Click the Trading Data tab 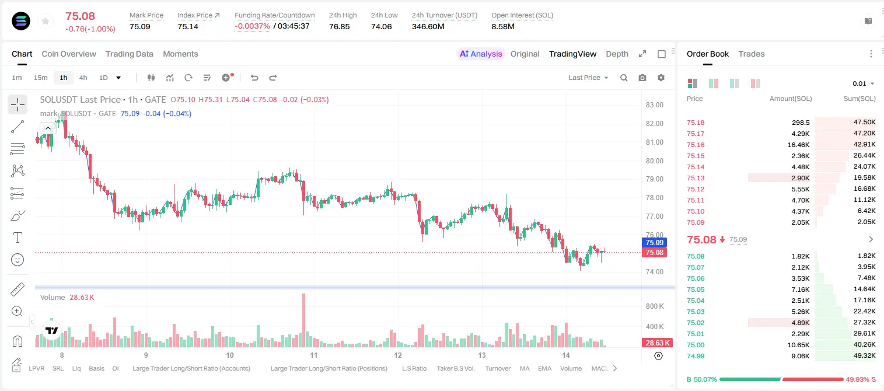(129, 54)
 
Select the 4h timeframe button (83, 78)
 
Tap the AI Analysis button (481, 54)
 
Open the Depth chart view (617, 54)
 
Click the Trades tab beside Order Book (752, 54)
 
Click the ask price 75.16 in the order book (696, 145)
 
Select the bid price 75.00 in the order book (696, 345)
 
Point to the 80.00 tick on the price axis (654, 160)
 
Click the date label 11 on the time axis (314, 355)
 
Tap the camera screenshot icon (642, 78)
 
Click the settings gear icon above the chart (661, 78)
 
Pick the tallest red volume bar (304, 320)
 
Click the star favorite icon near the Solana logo (46, 21)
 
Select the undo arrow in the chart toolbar (254, 78)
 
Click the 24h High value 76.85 (340, 26)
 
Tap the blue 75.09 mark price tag (654, 242)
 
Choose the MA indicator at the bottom (525, 368)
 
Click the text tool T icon (18, 238)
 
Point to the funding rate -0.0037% (253, 26)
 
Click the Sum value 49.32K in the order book (864, 355)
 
